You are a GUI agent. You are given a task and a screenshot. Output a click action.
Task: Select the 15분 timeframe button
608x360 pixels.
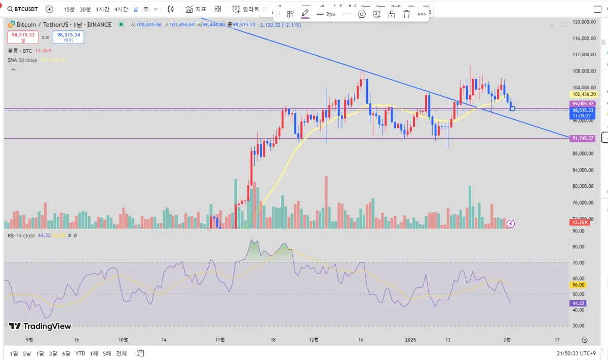pyautogui.click(x=69, y=9)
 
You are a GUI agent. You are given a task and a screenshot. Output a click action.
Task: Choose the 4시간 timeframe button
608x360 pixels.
pyautogui.click(x=121, y=9)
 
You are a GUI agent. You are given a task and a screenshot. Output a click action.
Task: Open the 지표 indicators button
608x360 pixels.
pyautogui.click(x=196, y=9)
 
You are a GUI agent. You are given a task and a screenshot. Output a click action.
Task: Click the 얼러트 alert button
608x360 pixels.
pyautogui.click(x=246, y=9)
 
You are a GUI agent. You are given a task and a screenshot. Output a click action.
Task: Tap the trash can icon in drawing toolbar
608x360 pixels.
pyautogui.click(x=406, y=14)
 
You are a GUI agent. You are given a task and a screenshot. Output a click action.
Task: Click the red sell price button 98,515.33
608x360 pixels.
pyautogui.click(x=23, y=37)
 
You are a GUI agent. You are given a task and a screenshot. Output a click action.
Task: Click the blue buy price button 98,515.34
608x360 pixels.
pyautogui.click(x=68, y=37)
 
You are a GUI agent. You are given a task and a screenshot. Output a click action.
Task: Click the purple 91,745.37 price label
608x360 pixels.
pyautogui.click(x=582, y=138)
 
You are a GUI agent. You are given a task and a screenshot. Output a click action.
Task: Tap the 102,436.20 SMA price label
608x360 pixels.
pyautogui.click(x=583, y=94)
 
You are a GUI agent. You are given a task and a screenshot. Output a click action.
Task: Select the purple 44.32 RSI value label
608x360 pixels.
pyautogui.click(x=578, y=303)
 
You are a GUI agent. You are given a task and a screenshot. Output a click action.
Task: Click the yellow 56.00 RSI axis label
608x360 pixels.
pyautogui.click(x=578, y=285)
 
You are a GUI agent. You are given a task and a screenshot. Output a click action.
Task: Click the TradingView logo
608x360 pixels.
pyautogui.click(x=40, y=327)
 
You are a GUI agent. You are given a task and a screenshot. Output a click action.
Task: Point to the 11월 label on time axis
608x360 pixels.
pyautogui.click(x=219, y=340)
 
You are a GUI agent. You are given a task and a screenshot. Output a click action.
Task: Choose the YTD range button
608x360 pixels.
pyautogui.click(x=80, y=353)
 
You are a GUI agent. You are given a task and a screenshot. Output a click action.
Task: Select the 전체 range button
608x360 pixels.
pyautogui.click(x=121, y=353)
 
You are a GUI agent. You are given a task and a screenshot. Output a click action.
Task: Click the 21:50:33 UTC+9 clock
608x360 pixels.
pyautogui.click(x=579, y=353)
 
